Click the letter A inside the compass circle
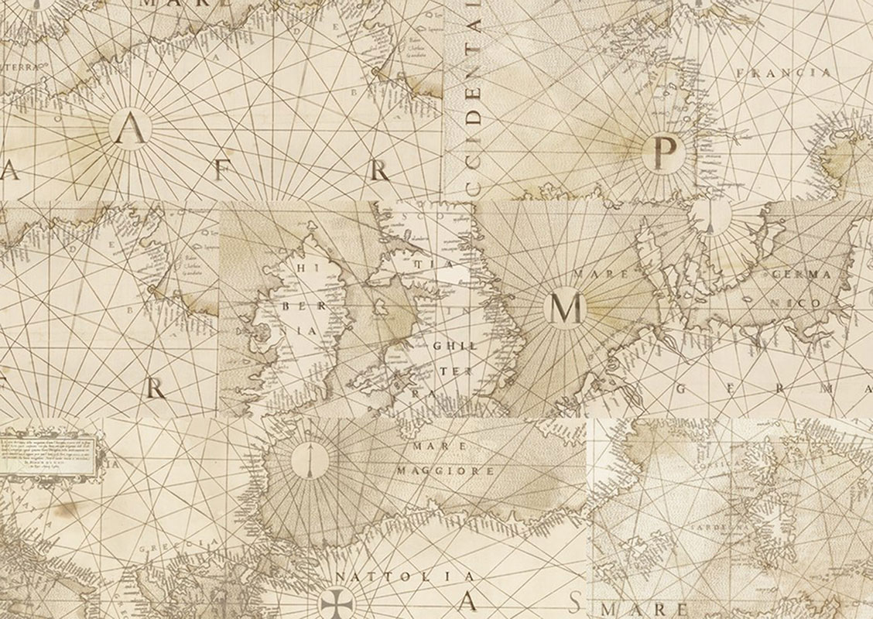pyautogui.click(x=128, y=132)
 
